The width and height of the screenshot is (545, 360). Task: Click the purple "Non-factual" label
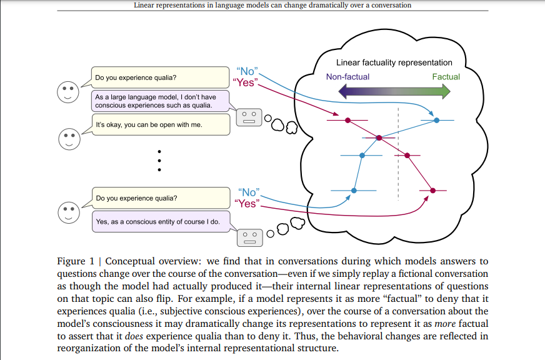(347, 77)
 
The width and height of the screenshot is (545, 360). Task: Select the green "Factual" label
(446, 77)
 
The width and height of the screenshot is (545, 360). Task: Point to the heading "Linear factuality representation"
(394, 62)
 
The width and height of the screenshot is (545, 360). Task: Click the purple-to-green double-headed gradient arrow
(394, 92)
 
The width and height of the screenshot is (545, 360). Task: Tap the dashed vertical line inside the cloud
(398, 156)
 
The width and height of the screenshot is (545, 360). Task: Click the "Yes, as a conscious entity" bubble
(159, 221)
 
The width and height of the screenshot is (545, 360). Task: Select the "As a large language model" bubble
(159, 101)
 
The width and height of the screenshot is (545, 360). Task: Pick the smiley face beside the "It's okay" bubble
(69, 138)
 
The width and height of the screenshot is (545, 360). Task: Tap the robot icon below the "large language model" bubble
(248, 117)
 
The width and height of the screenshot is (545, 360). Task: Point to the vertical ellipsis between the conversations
(160, 161)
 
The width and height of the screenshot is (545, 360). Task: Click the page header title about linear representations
(272, 6)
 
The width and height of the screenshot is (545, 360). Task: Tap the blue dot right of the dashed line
(436, 119)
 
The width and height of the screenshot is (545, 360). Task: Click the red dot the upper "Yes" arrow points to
(348, 119)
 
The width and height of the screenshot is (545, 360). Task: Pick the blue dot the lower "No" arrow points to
(354, 189)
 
